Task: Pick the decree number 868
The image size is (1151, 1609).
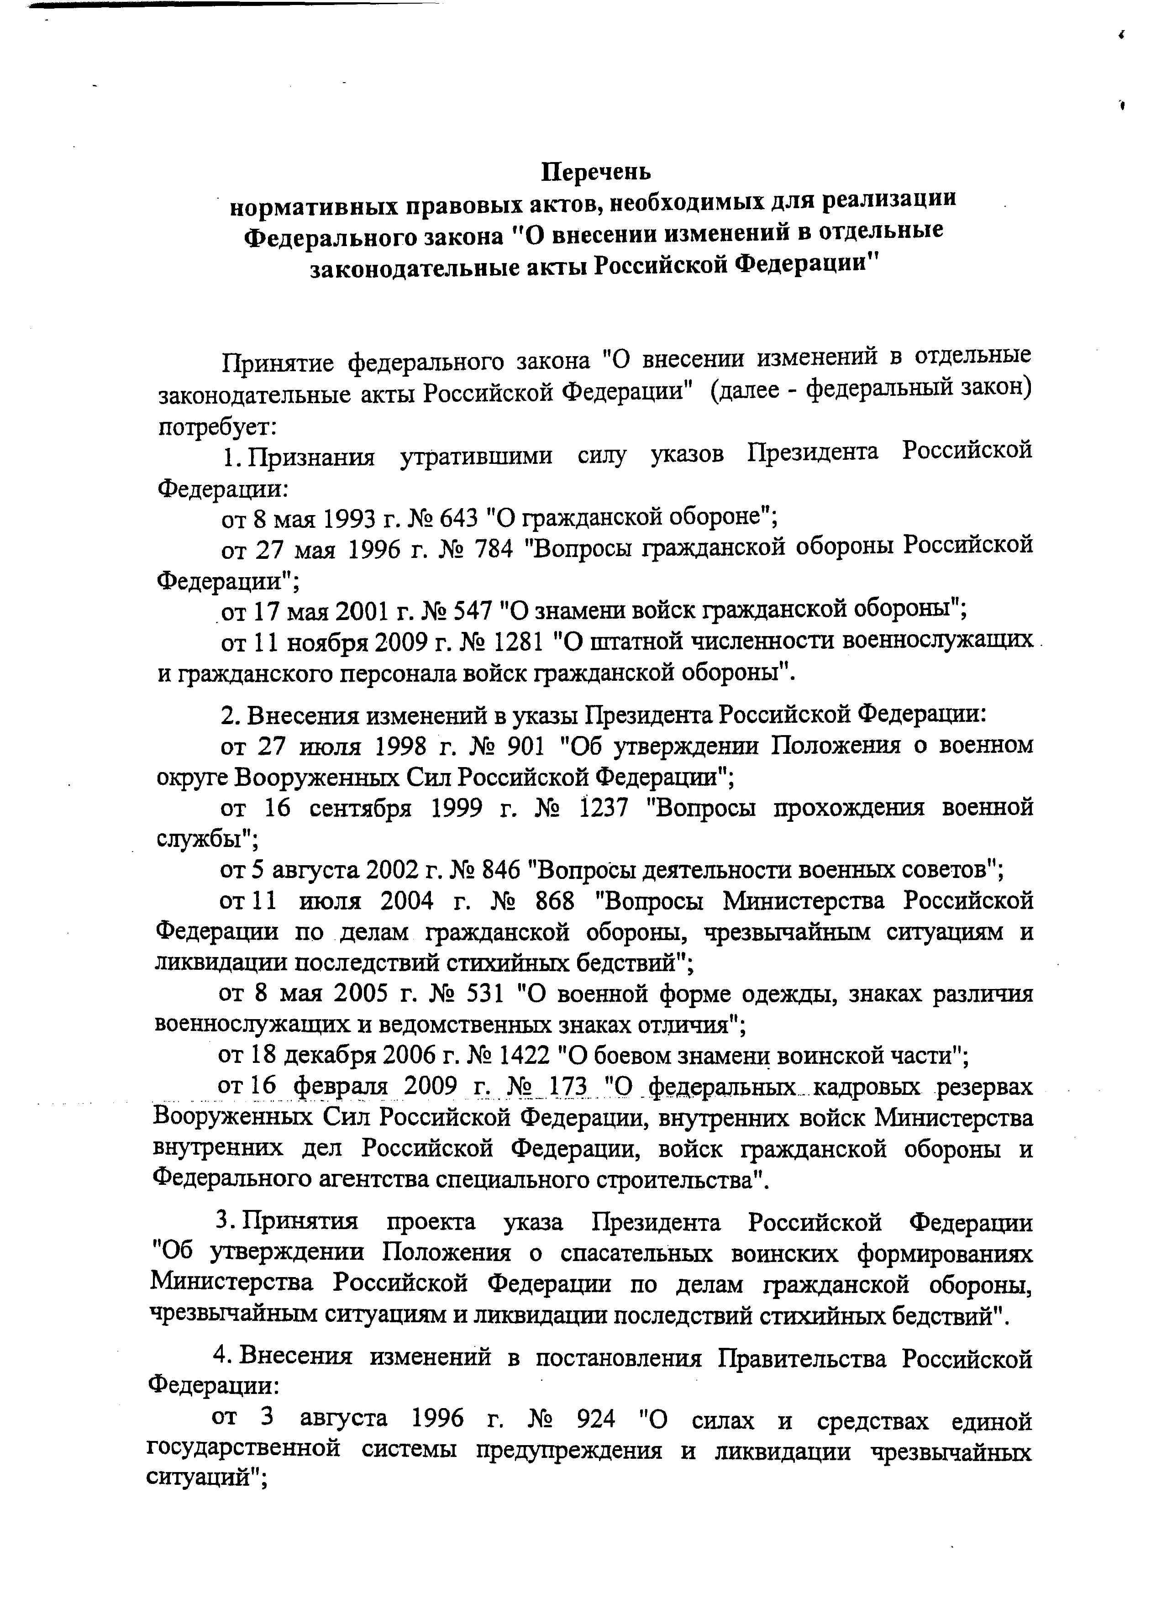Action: point(554,901)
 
